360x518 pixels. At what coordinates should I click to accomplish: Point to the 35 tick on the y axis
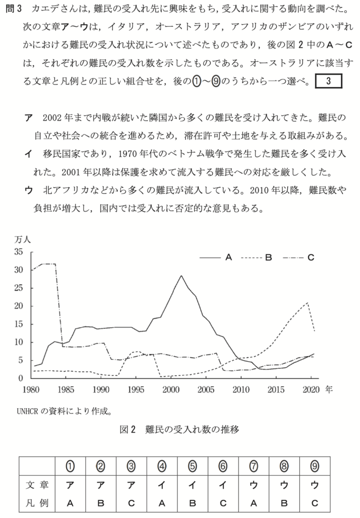(x=19, y=252)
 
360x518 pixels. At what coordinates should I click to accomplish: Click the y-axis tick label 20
(x=19, y=306)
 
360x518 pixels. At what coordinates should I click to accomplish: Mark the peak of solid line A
(x=181, y=276)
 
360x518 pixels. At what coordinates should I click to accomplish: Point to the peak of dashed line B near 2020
(x=307, y=303)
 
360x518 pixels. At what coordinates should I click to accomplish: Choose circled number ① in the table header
(x=71, y=464)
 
